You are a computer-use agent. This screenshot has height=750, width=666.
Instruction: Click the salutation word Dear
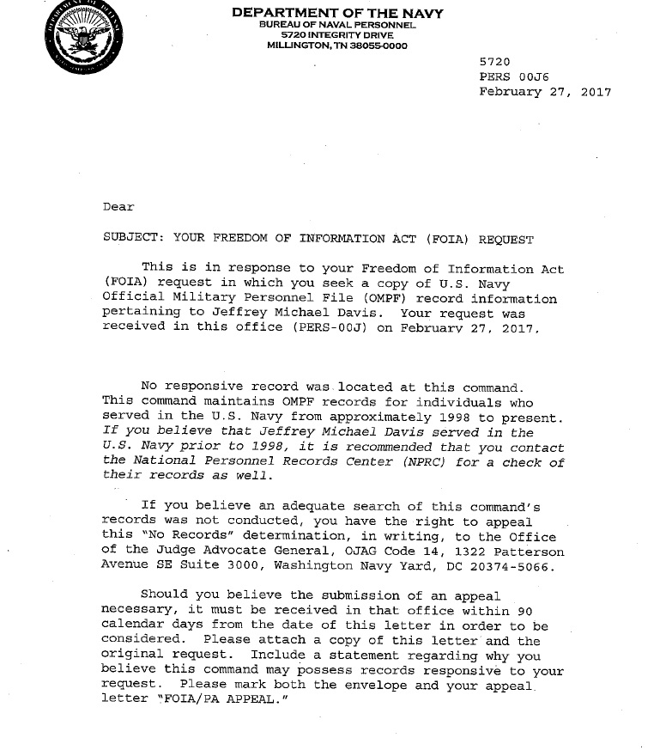pos(118,206)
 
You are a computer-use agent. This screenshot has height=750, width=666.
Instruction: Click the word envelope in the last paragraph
pos(378,686)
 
